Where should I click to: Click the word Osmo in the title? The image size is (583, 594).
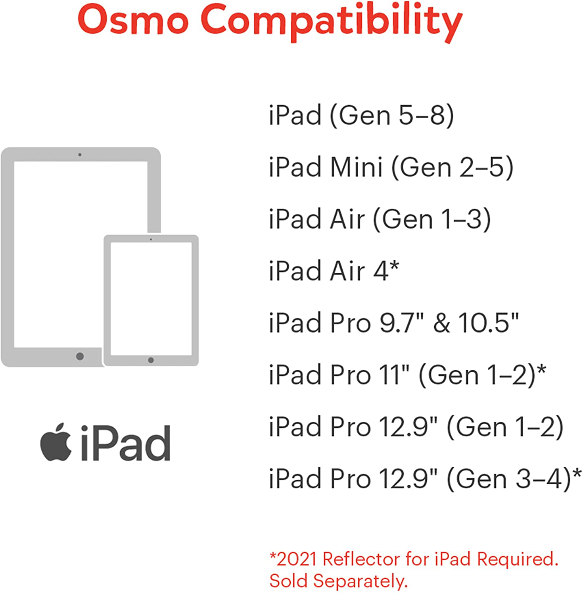(133, 20)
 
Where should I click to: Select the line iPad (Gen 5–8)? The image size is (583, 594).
(361, 115)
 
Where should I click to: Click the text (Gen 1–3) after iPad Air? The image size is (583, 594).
(432, 219)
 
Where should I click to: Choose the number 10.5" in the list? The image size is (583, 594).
(488, 323)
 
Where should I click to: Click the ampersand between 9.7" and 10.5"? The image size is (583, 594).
(441, 323)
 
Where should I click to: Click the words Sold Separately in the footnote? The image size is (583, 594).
(338, 581)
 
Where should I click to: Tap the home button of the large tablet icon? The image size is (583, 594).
(80, 356)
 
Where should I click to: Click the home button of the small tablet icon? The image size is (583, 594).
(151, 360)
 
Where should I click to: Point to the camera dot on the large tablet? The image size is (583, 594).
(80, 154)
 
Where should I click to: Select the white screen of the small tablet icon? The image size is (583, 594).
(151, 299)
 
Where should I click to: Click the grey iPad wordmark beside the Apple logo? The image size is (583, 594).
(125, 443)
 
